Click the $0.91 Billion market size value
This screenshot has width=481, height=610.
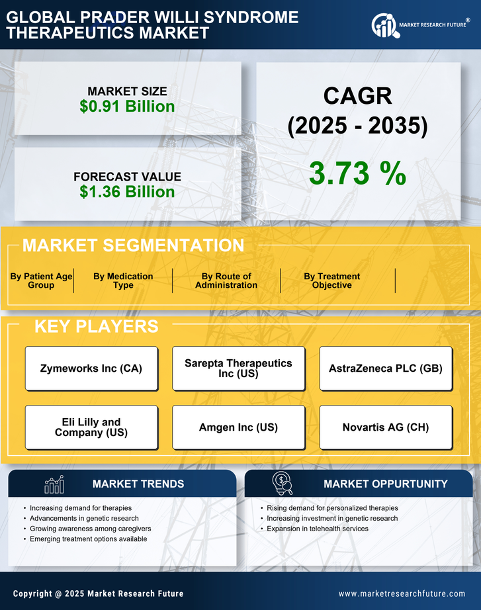point(127,107)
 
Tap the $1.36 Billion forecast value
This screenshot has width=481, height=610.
point(127,192)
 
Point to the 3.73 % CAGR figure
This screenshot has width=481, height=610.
point(357,173)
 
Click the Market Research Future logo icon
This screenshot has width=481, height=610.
point(384,25)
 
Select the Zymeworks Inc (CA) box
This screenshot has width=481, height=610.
point(91,369)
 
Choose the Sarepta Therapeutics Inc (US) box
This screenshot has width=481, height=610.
point(238,369)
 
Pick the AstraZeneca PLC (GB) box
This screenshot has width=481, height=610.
point(386,369)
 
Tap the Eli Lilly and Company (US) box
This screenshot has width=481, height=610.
point(91,427)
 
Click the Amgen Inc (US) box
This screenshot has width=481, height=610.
point(238,427)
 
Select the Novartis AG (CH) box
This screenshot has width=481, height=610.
point(386,427)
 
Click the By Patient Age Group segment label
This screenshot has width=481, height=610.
point(41,281)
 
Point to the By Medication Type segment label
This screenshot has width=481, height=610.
point(123,281)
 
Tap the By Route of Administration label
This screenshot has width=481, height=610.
point(226,281)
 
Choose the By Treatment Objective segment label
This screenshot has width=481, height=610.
point(332,281)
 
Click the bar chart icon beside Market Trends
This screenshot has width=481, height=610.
point(54,484)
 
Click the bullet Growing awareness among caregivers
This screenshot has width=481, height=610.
point(91,529)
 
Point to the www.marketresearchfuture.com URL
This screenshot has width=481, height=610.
point(402,593)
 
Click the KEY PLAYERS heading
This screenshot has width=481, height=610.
point(96,326)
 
